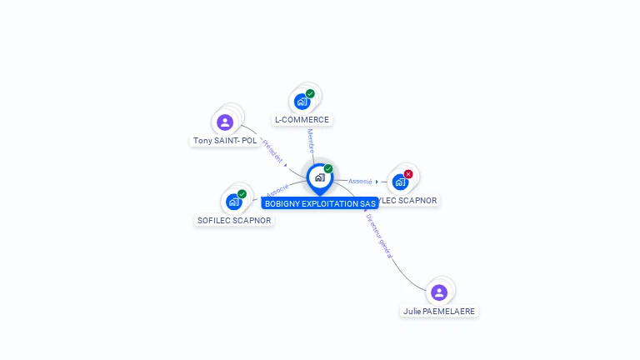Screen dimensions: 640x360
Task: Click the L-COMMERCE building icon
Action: (x=301, y=102)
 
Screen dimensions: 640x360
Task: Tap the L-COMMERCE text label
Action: (x=302, y=120)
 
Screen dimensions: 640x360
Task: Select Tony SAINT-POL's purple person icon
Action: (x=225, y=122)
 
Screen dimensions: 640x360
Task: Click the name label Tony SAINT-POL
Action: (x=225, y=141)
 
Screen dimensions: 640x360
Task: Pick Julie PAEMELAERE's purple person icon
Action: (x=439, y=292)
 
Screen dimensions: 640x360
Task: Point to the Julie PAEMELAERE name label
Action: (x=439, y=311)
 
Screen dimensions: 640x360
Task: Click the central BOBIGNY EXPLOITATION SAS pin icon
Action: (x=318, y=177)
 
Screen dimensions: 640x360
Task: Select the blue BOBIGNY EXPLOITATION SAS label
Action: (x=320, y=203)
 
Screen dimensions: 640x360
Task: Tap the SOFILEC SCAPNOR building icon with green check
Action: (x=233, y=202)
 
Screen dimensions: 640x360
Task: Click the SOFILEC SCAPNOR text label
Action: (x=234, y=221)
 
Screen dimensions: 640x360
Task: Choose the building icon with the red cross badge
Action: (x=400, y=182)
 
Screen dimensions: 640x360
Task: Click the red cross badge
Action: (x=408, y=174)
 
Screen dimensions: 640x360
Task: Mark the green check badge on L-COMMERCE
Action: (x=310, y=94)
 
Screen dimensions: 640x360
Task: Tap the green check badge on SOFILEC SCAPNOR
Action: (x=242, y=194)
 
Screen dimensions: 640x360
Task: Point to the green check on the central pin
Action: (x=328, y=169)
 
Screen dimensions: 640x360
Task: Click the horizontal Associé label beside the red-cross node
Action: (x=360, y=181)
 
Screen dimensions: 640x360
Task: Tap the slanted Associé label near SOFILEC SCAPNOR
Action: (x=277, y=191)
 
